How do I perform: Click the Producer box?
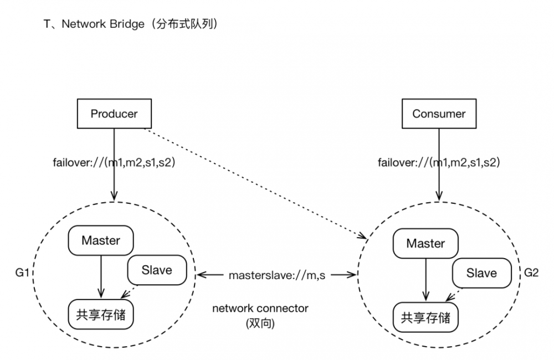coord(114,114)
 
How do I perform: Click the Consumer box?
coord(439,114)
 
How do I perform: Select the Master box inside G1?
coord(100,240)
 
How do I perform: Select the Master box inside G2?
coord(425,244)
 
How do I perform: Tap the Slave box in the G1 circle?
coord(157,270)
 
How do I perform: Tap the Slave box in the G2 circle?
coord(481,273)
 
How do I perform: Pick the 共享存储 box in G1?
coord(101,316)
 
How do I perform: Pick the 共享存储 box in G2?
coord(426,318)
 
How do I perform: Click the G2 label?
coord(530,272)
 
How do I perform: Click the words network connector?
coord(260,308)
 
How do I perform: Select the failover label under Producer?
coord(113,163)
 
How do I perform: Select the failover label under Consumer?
coord(439,163)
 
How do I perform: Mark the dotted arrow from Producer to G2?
coord(255,183)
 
